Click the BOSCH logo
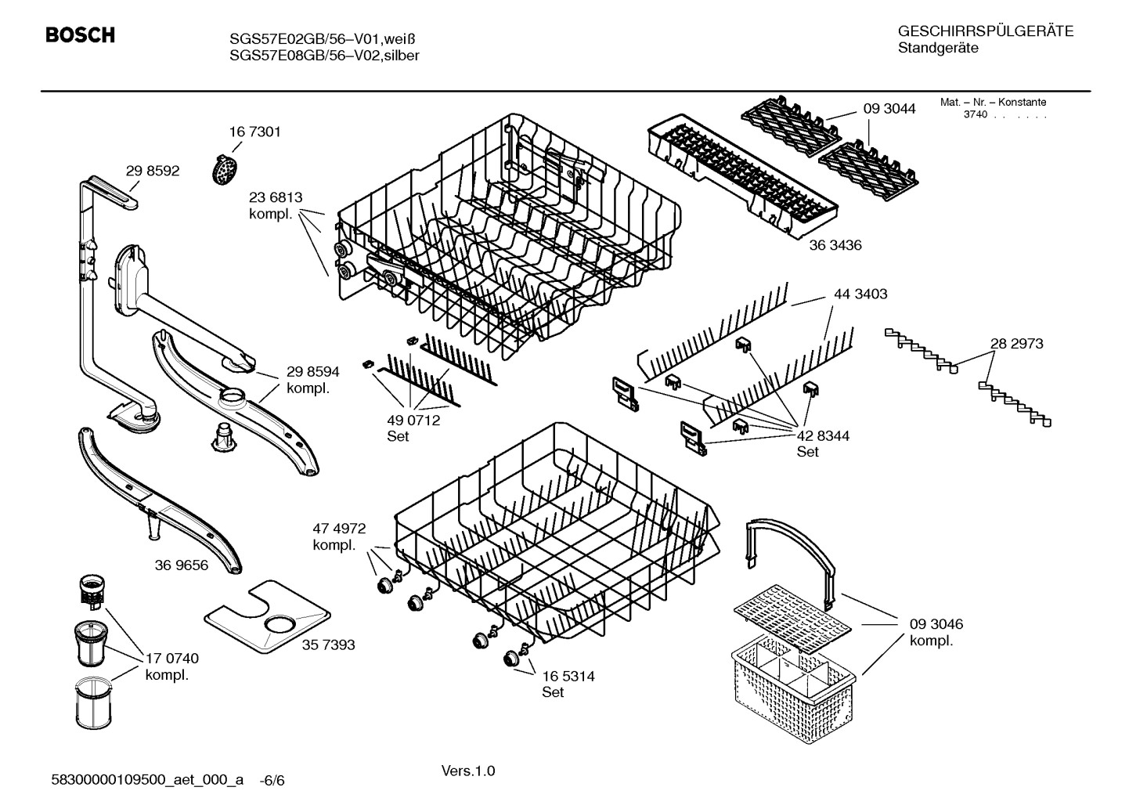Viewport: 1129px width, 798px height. (x=80, y=35)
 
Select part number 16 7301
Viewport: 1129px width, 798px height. (x=254, y=132)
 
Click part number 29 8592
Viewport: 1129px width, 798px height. (x=153, y=171)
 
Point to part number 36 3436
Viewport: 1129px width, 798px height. (x=835, y=245)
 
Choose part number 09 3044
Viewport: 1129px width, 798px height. (x=889, y=109)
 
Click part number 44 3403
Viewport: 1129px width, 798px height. (x=860, y=294)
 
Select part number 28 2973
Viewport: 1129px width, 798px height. (x=1016, y=343)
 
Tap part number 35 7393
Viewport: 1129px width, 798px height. (x=328, y=645)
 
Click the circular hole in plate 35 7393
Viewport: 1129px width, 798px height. (x=279, y=624)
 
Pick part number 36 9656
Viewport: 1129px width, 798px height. (x=182, y=565)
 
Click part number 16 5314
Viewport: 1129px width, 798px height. (x=568, y=676)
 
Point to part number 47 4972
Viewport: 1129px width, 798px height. (x=339, y=529)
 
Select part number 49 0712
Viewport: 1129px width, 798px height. (x=413, y=420)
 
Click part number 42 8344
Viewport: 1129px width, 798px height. (x=823, y=435)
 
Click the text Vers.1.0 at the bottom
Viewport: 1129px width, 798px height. (x=468, y=771)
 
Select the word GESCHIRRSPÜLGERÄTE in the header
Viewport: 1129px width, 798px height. (x=985, y=31)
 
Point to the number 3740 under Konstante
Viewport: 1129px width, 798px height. (x=975, y=114)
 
